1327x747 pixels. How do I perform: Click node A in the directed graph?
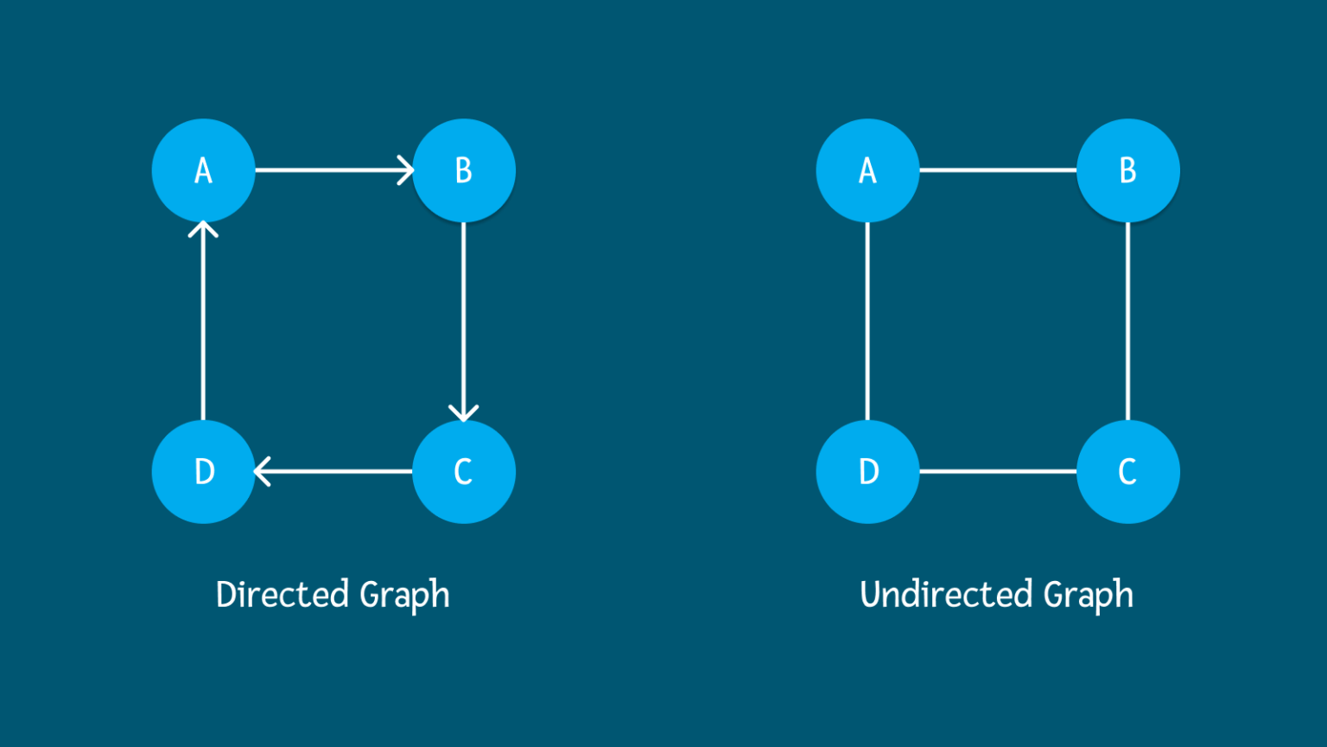203,170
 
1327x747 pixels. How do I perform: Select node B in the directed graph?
464,170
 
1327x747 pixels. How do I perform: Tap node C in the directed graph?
464,471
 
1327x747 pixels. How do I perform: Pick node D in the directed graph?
203,471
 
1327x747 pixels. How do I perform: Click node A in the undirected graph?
867,170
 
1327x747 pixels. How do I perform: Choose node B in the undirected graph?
1127,170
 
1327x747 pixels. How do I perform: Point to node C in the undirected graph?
1127,471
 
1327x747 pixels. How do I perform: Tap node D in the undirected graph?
867,471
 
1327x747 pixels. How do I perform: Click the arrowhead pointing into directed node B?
406,170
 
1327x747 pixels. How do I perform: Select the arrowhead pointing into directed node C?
464,412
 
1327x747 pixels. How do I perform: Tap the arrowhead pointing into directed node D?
263,471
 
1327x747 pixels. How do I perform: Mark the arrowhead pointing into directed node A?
203,229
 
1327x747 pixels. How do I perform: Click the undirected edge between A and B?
998,170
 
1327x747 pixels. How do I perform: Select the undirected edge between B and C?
1127,321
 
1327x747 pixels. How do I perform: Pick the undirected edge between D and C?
998,471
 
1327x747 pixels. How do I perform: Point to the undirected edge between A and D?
867,321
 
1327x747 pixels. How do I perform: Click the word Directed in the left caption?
283,595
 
